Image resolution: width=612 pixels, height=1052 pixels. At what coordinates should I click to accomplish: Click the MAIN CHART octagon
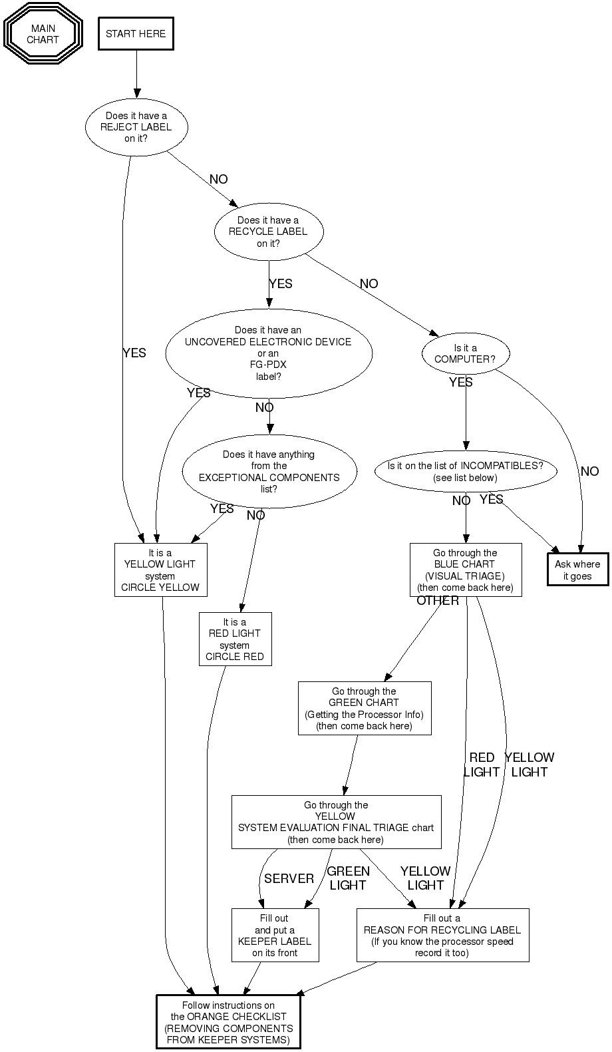[43, 34]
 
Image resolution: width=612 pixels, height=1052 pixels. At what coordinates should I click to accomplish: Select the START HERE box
[136, 34]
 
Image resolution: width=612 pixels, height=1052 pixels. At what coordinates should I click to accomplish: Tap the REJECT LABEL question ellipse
[136, 126]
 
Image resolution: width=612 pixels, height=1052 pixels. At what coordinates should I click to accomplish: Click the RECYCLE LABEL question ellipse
[269, 232]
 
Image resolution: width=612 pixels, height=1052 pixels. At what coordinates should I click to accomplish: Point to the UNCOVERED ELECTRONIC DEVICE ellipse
[268, 353]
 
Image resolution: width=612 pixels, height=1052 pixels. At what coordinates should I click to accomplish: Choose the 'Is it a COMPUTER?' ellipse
[466, 353]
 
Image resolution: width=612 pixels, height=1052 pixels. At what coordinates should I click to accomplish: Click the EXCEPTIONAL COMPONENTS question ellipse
[269, 471]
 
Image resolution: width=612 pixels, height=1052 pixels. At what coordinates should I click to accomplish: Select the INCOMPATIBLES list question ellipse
[466, 471]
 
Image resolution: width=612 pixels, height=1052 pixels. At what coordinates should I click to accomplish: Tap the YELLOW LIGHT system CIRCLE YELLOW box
[160, 570]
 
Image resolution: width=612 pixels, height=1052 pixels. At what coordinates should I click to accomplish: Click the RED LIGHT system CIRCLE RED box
[235, 639]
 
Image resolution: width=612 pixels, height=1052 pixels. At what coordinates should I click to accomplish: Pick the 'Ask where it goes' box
[577, 570]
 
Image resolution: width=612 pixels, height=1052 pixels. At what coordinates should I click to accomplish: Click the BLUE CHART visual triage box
[466, 570]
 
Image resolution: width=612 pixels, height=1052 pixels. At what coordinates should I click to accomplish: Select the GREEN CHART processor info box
[365, 708]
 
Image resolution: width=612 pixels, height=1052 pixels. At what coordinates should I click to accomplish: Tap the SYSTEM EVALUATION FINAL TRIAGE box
[336, 822]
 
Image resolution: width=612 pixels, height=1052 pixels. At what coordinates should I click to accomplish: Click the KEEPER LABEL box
[275, 935]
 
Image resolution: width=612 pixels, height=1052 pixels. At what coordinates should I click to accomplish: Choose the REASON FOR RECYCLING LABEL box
[442, 935]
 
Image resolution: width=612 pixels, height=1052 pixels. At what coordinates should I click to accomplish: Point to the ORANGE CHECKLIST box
[229, 1022]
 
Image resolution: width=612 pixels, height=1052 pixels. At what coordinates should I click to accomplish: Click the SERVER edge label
[289, 878]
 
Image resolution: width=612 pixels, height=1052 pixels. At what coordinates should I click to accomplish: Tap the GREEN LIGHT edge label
[348, 878]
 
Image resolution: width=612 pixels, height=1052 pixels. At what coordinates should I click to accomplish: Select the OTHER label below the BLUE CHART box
[438, 601]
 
